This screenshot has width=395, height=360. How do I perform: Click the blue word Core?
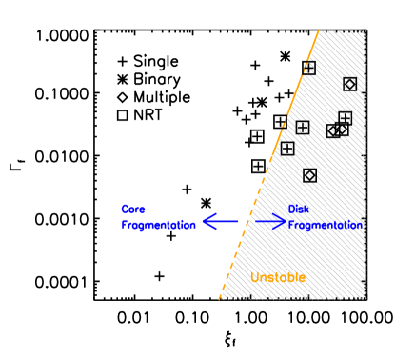tap(132, 209)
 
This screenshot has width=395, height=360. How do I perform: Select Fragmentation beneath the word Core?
tap(158, 225)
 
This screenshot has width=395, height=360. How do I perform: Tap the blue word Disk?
tap(298, 209)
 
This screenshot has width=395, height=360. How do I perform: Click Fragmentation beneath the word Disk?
tap(326, 226)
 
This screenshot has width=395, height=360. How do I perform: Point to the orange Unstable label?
tap(278, 277)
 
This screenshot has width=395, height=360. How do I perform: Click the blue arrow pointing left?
tap(219, 221)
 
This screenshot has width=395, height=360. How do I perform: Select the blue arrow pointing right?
tap(270, 221)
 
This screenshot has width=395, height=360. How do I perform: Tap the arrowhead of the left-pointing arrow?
tap(207, 221)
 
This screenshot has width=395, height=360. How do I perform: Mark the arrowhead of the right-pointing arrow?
tap(282, 221)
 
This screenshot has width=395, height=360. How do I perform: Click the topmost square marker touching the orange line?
tap(309, 69)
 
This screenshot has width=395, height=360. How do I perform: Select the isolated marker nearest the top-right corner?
tap(349, 84)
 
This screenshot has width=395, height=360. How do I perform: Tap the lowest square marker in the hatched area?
tap(309, 174)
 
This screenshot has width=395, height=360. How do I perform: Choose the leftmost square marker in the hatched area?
tap(287, 148)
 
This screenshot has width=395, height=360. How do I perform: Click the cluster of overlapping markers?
tap(339, 126)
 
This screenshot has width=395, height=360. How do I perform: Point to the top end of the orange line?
tap(319, 31)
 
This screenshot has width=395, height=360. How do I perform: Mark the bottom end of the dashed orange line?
tap(219, 298)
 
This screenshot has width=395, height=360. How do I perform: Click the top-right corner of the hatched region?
tap(365, 31)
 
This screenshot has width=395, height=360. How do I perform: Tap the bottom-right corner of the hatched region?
tap(365, 298)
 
